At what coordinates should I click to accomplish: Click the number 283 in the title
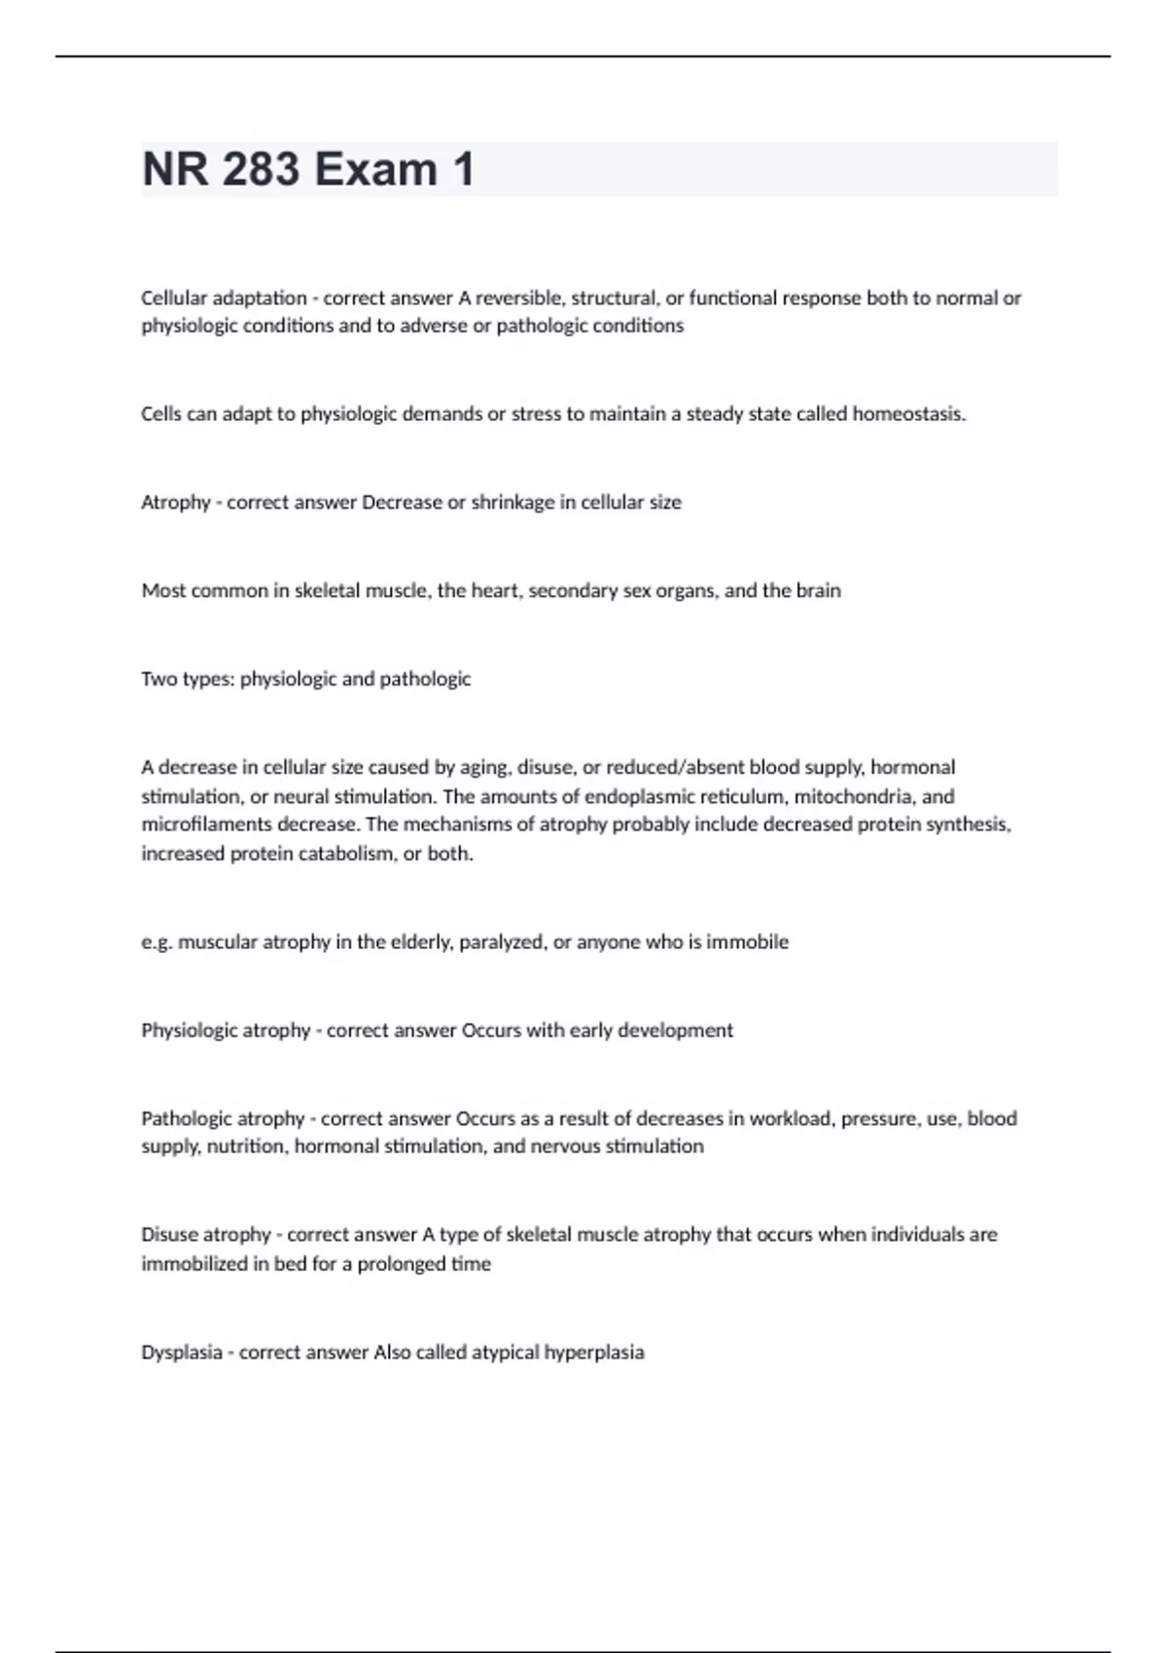point(261,169)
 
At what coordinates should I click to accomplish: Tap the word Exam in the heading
point(375,169)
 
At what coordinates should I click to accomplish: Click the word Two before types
point(158,679)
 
